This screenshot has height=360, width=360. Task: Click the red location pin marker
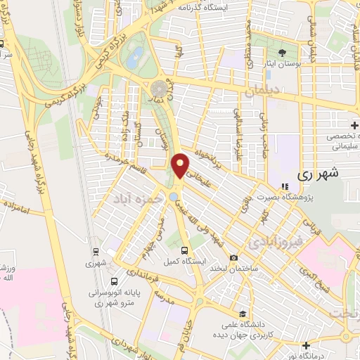[181, 165]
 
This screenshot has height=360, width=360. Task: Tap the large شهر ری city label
[318, 173]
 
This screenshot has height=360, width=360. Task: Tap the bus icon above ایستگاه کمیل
[184, 250]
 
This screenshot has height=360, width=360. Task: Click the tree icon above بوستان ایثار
[283, 53]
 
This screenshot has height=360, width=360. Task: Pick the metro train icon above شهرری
[95, 250]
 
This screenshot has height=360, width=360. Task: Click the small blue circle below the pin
[174, 187]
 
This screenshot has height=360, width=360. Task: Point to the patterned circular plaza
[159, 89]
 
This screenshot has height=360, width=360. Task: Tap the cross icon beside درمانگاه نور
[306, 345]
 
